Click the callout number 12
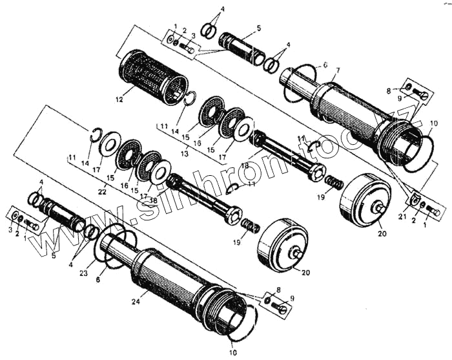[x=118, y=100]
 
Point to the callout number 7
[x=338, y=70]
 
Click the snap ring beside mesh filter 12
[x=190, y=98]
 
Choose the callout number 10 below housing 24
[x=232, y=353]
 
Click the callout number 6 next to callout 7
[x=325, y=66]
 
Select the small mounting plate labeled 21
[x=415, y=200]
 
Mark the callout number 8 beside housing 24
[x=278, y=290]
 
